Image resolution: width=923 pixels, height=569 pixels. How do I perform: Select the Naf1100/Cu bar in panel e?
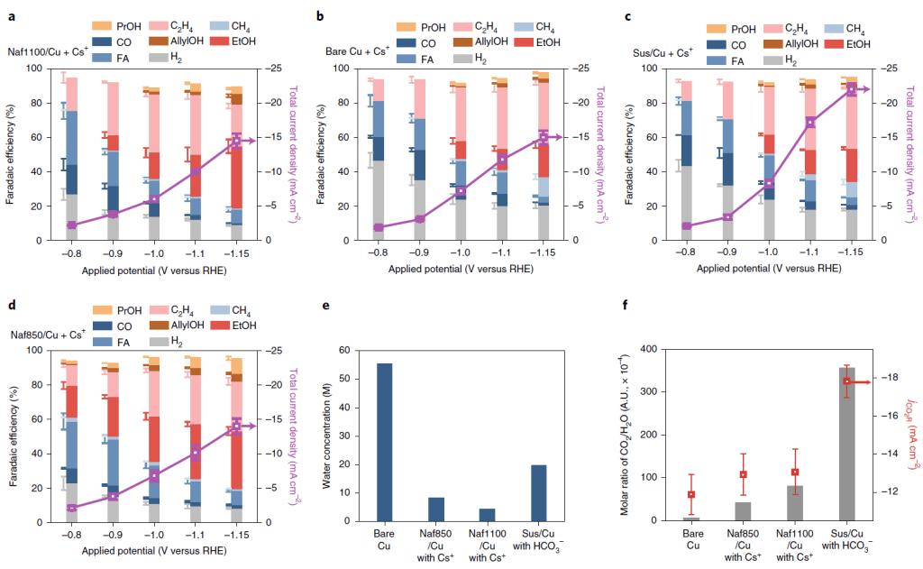click(487, 514)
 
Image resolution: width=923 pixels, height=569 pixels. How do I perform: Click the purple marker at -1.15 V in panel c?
click(851, 89)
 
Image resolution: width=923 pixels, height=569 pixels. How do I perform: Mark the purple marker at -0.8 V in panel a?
click(70, 225)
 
